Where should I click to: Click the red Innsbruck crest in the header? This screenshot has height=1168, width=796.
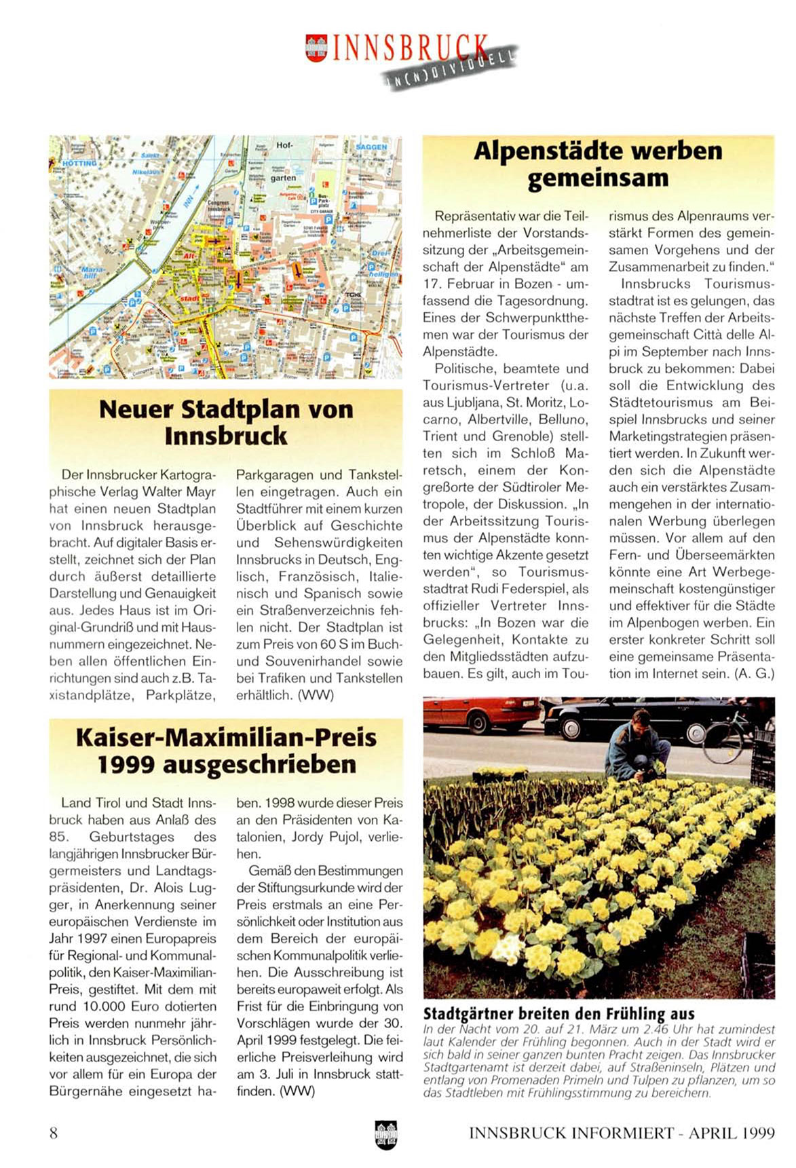pos(316,48)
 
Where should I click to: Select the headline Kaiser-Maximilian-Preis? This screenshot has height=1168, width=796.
pos(226,737)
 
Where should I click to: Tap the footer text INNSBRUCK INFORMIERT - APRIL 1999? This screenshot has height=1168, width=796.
pos(622,1133)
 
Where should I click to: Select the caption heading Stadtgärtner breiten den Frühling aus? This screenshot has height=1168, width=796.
pos(558,1014)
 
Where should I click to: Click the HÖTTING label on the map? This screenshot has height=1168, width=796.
pos(79,164)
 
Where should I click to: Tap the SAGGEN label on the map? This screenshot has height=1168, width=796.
pos(371,147)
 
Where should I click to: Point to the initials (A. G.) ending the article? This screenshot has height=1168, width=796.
pos(754,674)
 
